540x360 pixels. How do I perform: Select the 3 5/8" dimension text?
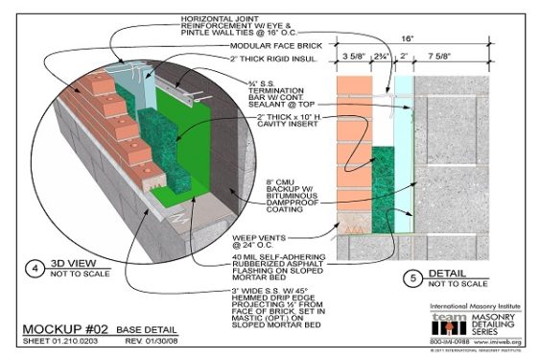[x=353, y=57]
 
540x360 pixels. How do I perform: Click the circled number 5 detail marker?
[x=407, y=280]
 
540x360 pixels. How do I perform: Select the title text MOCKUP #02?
[x=62, y=327]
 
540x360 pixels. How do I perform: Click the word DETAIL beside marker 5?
[x=442, y=276]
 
